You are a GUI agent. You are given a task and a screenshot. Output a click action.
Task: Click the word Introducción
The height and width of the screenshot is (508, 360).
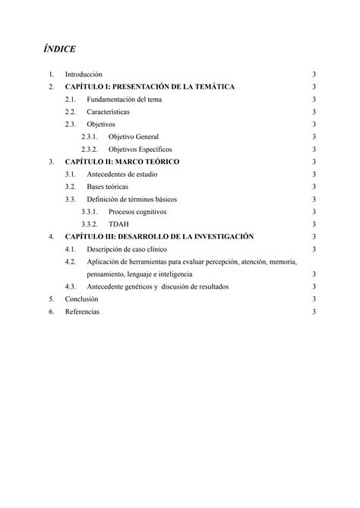(84, 75)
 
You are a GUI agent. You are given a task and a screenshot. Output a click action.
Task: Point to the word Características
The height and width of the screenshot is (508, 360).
(108, 112)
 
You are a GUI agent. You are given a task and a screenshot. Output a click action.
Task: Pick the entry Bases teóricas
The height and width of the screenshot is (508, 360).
(107, 187)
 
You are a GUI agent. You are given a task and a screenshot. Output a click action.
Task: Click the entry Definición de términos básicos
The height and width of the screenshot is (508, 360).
(135, 199)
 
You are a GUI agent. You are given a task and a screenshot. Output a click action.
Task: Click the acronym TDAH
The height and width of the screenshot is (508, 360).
(118, 224)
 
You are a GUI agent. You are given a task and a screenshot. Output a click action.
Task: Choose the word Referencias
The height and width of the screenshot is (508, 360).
(82, 311)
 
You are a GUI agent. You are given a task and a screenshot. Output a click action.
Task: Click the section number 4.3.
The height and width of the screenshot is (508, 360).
(71, 287)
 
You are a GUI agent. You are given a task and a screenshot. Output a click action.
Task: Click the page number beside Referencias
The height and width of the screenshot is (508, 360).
(313, 311)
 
